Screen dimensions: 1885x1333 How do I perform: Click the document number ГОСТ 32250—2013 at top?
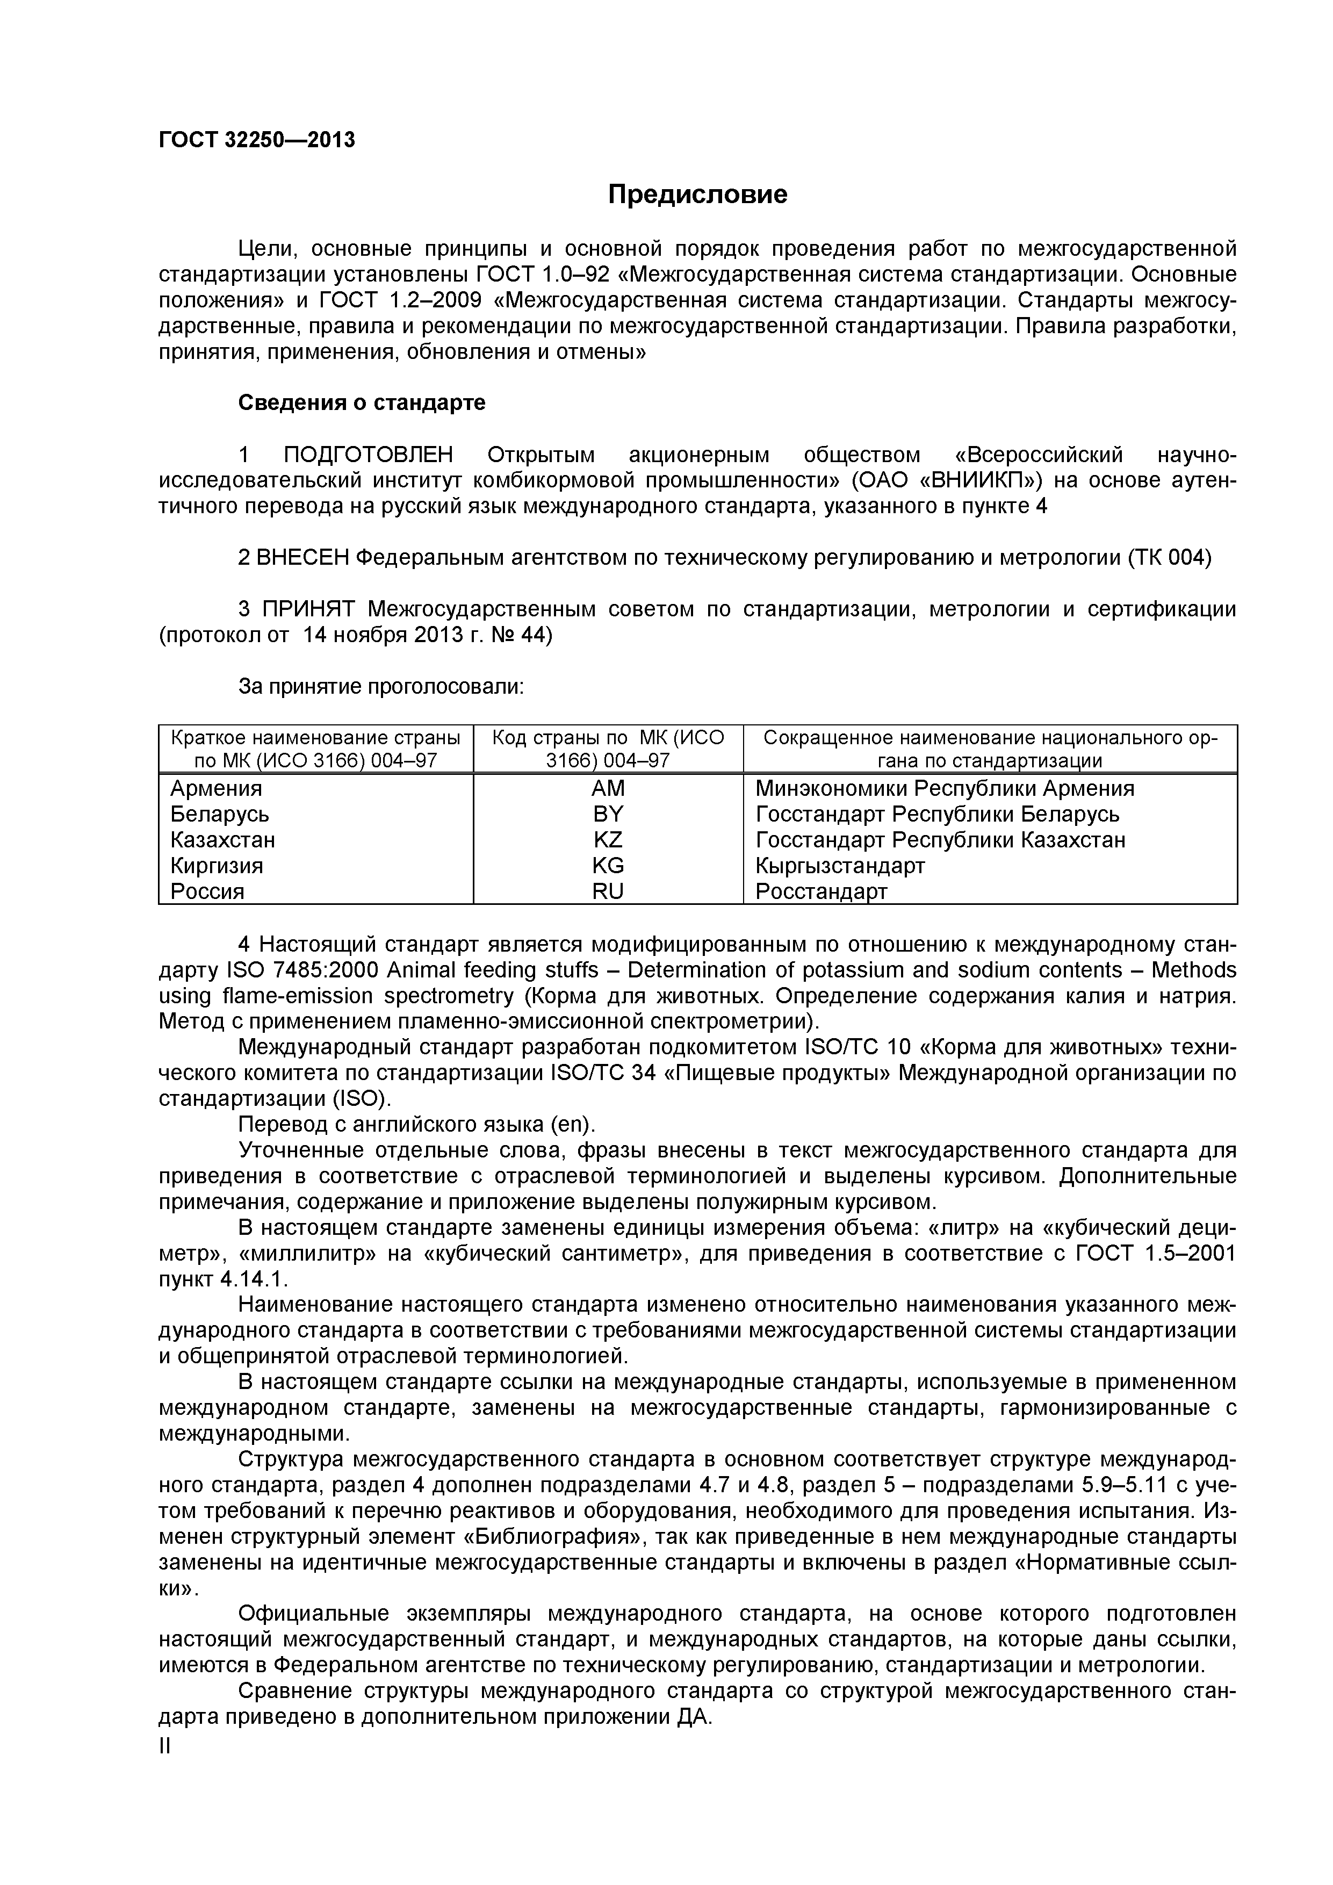(257, 140)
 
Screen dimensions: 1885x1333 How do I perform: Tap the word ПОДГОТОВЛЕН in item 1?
(368, 455)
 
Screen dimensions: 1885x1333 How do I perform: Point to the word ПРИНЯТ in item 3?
(308, 609)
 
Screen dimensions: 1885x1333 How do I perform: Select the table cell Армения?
(216, 789)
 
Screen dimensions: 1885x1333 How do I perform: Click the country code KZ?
(608, 840)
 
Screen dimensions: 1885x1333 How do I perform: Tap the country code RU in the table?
(608, 891)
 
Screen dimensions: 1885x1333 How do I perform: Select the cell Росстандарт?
(821, 891)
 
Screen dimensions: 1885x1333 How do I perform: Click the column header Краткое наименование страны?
(315, 737)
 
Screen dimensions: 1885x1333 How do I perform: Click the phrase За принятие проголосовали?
(381, 686)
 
